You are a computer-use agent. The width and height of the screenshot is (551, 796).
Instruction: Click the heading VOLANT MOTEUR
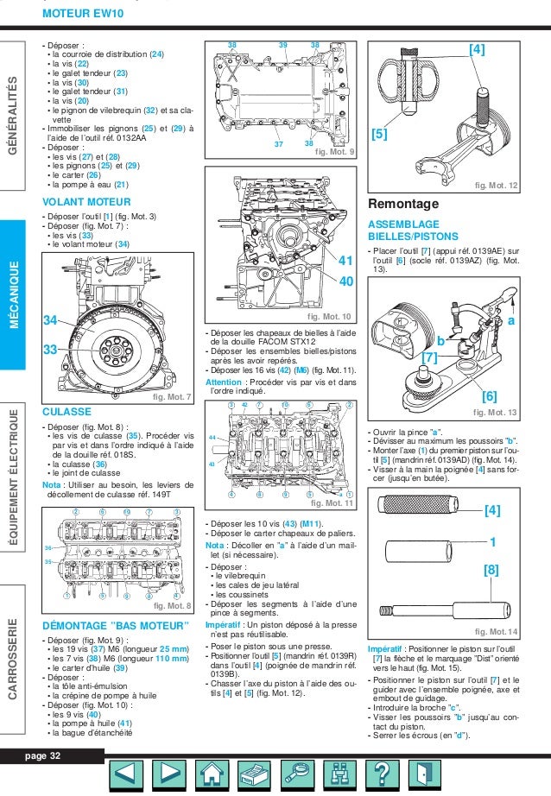click(86, 203)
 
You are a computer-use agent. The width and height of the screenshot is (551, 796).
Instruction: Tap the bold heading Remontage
click(404, 205)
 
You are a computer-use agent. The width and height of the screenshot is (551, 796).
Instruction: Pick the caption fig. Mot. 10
click(329, 317)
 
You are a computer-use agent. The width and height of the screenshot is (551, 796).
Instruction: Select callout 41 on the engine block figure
click(345, 261)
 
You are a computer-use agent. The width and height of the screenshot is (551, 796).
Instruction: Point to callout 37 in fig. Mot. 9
click(279, 144)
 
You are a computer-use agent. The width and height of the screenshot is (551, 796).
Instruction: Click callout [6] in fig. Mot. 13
click(489, 396)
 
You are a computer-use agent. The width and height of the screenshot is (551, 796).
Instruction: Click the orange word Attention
click(224, 381)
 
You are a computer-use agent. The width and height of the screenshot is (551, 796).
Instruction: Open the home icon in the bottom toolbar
click(210, 772)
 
